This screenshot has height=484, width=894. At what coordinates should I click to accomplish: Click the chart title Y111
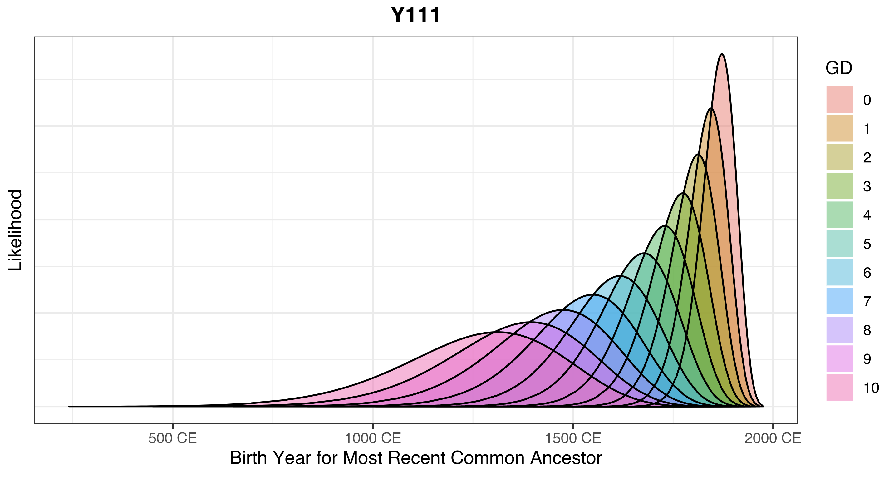coord(415,16)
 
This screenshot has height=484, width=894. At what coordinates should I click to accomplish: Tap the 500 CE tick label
coord(173,438)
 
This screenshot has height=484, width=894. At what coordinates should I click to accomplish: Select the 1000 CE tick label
coord(373,438)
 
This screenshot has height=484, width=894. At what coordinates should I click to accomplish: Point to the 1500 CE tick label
coord(572,438)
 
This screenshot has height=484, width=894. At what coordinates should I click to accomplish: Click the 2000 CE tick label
coord(773,438)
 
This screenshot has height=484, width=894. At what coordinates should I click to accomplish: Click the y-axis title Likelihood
coord(15,230)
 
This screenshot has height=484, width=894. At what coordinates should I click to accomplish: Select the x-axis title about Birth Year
coord(416,458)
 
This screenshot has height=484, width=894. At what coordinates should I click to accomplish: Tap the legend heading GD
coord(838,68)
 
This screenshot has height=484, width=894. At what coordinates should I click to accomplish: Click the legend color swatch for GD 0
coord(839,100)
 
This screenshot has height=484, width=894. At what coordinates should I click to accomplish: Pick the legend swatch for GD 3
coord(839,186)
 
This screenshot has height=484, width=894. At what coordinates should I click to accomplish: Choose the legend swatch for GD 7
coord(839,301)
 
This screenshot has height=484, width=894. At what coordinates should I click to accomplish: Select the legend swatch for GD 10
coord(839,388)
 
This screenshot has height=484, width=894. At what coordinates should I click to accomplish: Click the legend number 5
coord(867,244)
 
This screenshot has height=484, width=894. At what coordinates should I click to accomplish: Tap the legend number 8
coord(867,330)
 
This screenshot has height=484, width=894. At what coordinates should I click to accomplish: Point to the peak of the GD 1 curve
coord(711,108)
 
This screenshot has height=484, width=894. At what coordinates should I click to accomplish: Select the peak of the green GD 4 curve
coord(665,226)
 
